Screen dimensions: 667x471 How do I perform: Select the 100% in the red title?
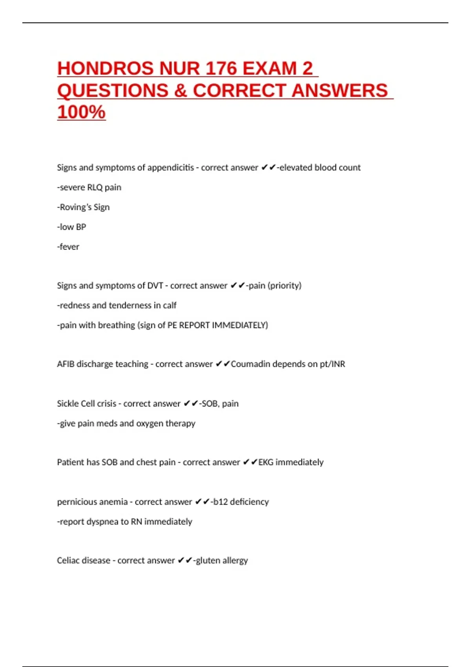81,112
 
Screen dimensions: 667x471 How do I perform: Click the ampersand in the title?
180,91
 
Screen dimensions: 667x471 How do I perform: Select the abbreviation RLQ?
95,188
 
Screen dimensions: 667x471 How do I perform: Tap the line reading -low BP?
71,227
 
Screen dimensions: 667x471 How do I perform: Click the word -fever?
68,247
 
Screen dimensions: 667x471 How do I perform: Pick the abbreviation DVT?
155,286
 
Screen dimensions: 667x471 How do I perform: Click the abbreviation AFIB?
66,364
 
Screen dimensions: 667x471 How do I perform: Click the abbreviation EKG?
266,462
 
